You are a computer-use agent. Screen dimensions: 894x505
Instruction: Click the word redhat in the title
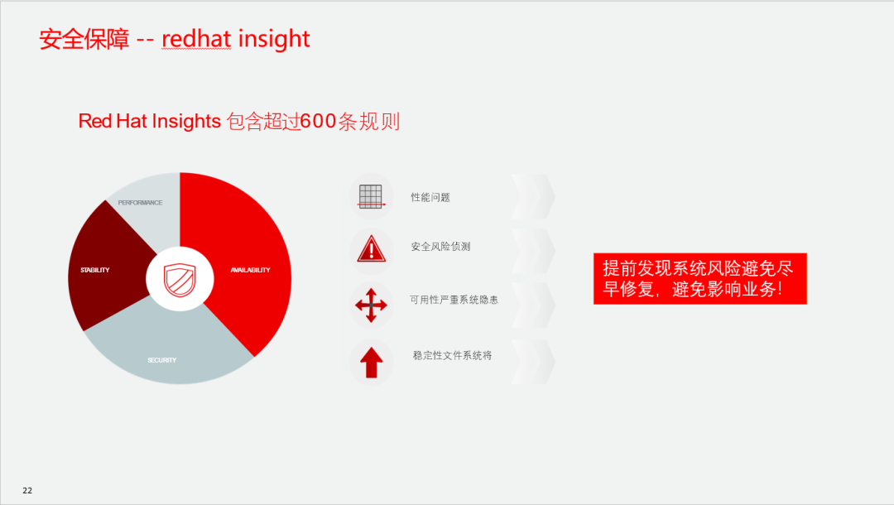point(196,39)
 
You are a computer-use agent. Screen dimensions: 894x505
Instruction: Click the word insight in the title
point(274,40)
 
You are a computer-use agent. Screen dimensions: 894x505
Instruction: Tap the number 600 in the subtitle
point(318,122)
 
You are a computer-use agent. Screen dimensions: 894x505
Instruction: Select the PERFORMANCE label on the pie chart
point(140,203)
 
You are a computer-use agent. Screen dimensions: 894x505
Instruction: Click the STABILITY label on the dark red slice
point(94,270)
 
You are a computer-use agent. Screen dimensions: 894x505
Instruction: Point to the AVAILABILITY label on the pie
point(250,270)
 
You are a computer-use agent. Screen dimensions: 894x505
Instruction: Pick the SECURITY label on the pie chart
point(162,360)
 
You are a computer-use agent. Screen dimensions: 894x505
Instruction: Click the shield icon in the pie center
point(180,279)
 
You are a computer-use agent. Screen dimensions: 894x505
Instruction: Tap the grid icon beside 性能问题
point(371,197)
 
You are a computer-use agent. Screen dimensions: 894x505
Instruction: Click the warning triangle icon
point(371,248)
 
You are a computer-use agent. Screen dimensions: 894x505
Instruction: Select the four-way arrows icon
point(371,305)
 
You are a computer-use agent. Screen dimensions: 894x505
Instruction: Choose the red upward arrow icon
point(371,363)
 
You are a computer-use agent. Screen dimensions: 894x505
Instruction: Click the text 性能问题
point(430,197)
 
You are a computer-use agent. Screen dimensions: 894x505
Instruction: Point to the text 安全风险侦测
point(440,247)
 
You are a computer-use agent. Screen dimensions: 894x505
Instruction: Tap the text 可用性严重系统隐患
point(454,300)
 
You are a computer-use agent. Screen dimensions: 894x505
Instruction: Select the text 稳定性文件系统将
point(452,356)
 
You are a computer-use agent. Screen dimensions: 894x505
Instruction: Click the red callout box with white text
point(700,279)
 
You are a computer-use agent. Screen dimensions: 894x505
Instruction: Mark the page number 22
point(27,490)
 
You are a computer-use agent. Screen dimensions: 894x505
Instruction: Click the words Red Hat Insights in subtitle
point(149,122)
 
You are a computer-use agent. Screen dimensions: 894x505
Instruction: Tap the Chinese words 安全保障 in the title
point(84,40)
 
